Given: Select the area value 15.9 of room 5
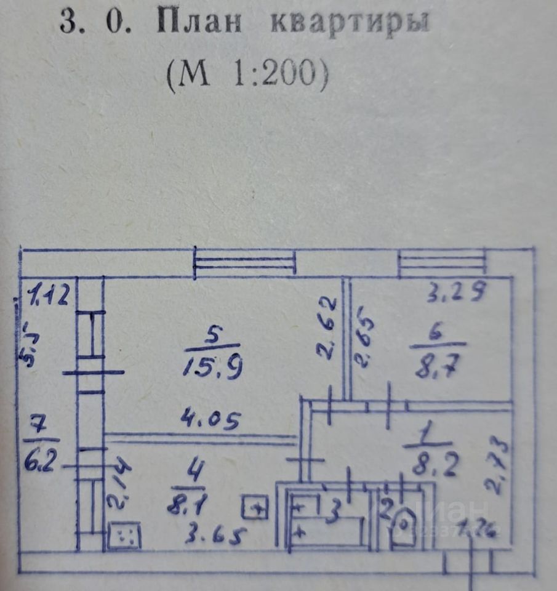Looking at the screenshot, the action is tap(213, 368).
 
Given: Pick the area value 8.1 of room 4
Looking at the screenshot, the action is tap(188, 505).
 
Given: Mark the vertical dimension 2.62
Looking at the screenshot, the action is tap(328, 327).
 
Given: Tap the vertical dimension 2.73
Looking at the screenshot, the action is tap(497, 466).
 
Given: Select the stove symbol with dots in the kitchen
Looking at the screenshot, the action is tap(124, 536).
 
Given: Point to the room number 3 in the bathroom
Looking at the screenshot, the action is tap(333, 510).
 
